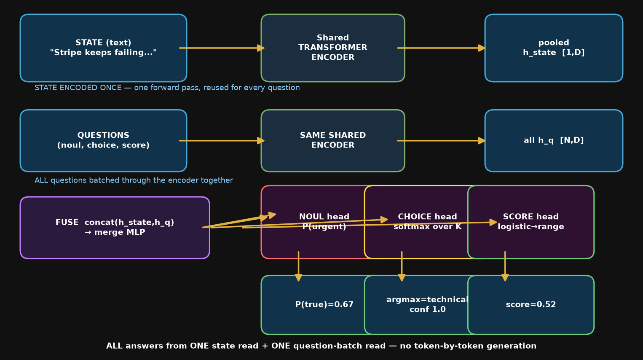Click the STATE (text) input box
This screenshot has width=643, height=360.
[x=103, y=48]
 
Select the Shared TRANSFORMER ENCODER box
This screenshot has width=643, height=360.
[x=333, y=48]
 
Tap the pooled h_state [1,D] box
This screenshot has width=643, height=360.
[x=554, y=48]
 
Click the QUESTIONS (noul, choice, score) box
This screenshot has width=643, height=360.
[x=103, y=141]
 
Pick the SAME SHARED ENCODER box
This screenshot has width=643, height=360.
[x=333, y=141]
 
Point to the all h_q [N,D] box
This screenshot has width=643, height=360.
[x=554, y=141]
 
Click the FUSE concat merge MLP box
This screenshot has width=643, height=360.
[x=115, y=228]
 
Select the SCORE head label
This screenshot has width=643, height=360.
[x=531, y=217]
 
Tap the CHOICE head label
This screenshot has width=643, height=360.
[x=427, y=217]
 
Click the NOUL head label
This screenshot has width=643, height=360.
[x=324, y=217]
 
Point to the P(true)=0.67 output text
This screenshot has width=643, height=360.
[x=324, y=305]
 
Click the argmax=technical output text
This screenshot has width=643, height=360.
[x=427, y=300]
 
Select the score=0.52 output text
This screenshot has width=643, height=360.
[x=531, y=305]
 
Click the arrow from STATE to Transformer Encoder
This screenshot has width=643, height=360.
[x=222, y=48]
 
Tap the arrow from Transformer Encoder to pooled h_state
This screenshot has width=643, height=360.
[x=441, y=48]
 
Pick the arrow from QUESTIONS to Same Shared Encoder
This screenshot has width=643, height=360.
[x=222, y=141]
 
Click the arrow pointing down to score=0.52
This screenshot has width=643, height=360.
[x=505, y=266]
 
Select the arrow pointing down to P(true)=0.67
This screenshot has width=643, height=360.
[x=298, y=266]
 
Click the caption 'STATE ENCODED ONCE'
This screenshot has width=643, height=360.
[x=78, y=88]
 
